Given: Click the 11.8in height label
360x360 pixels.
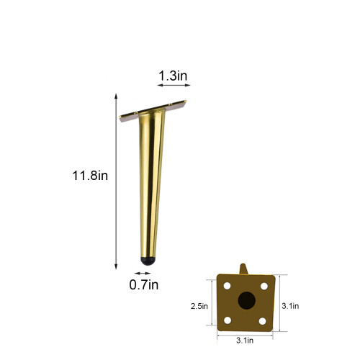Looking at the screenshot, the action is [x=90, y=176].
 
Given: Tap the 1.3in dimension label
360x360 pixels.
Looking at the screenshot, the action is [x=173, y=76].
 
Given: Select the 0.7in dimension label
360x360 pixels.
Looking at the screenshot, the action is [x=144, y=285].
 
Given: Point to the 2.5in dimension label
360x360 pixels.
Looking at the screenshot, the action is [x=199, y=306].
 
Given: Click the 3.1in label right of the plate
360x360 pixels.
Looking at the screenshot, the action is [x=290, y=306].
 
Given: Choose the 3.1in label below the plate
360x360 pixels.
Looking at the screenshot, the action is [x=245, y=341].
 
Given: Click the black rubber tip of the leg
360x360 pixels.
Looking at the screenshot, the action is [x=148, y=261].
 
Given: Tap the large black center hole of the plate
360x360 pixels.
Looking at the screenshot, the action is [x=246, y=300].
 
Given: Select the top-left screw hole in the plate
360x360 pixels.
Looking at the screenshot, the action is [x=227, y=286].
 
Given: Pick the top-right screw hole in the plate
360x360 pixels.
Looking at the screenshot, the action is [x=264, y=286].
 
